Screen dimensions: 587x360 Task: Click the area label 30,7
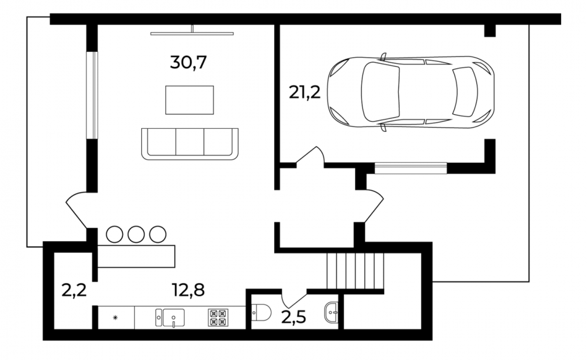188,62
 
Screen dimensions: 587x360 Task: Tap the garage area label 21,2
305,92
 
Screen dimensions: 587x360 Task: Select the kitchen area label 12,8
188,289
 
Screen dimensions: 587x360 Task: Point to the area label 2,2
74,290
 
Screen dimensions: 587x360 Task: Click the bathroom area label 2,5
294,317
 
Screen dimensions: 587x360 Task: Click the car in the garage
411,92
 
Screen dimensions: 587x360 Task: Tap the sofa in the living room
190,144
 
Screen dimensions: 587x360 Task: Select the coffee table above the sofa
189,100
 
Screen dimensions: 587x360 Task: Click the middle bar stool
136,234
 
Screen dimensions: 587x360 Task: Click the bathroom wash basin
331,312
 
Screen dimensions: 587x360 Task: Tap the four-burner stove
218,317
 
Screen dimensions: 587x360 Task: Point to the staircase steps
355,271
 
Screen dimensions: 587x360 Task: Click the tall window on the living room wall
92,95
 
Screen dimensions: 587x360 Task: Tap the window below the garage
411,168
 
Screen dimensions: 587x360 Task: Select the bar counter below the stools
136,256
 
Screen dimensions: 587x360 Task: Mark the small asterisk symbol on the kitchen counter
115,318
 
